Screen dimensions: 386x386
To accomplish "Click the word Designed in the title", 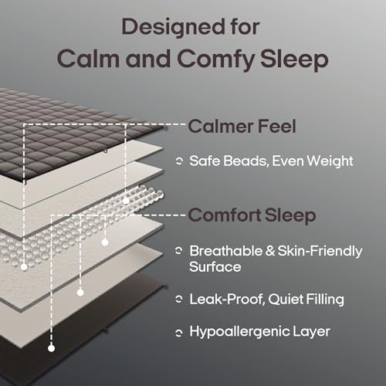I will pos(163,26).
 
